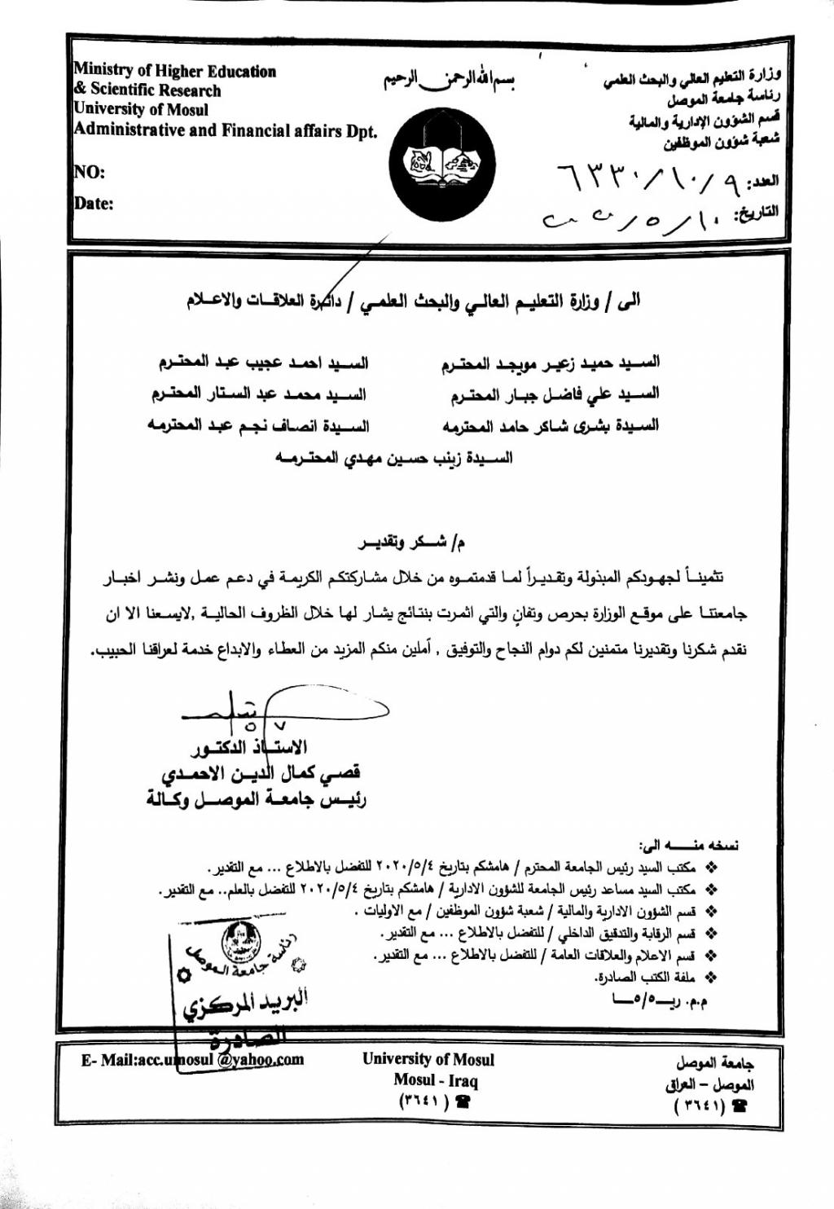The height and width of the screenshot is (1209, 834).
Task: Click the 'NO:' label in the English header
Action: pos(90,172)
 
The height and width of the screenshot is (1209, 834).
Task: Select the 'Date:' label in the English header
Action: pos(94,204)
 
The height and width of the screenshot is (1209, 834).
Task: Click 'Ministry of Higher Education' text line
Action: pos(174,72)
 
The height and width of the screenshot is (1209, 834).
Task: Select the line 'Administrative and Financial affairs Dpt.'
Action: pos(226,130)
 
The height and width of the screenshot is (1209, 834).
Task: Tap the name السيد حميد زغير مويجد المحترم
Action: pos(551,363)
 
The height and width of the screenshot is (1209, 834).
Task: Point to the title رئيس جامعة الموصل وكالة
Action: pos(256,799)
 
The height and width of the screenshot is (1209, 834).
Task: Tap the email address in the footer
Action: pos(192,1060)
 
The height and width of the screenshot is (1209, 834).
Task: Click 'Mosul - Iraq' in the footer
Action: pos(435,1081)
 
